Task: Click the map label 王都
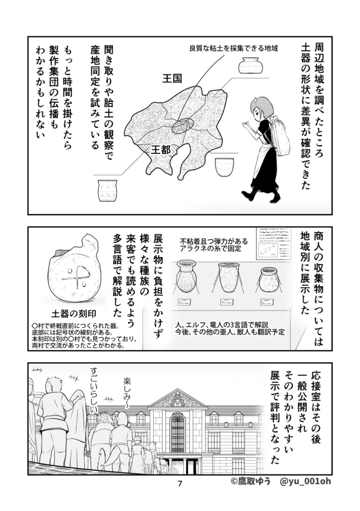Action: (x=161, y=149)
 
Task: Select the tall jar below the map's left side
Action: (x=107, y=191)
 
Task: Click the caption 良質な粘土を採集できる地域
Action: (x=233, y=48)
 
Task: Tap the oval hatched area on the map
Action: (x=182, y=126)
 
